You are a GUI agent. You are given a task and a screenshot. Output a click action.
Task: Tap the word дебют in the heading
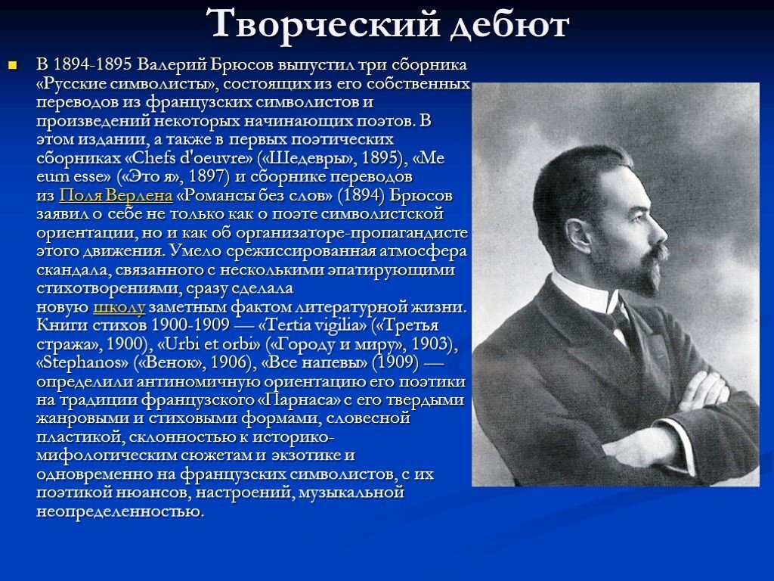pos(509,25)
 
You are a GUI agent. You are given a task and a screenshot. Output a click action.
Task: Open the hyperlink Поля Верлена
pos(116,196)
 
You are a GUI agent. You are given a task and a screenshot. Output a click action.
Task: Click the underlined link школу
pos(119,307)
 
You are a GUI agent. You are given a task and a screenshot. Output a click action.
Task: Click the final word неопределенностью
pos(119,511)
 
